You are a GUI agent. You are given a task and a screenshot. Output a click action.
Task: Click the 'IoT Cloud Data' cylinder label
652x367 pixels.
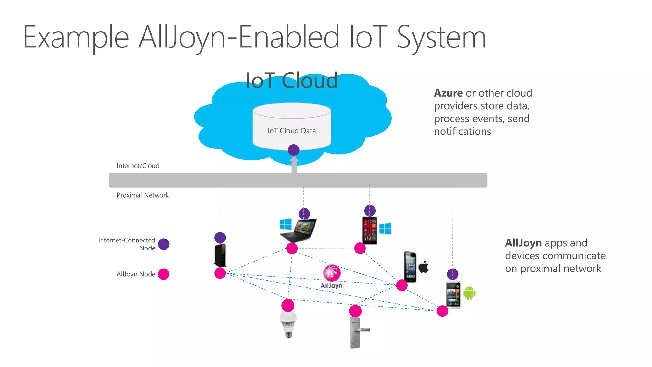292,131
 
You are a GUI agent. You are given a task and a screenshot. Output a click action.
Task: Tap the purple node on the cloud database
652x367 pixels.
294,150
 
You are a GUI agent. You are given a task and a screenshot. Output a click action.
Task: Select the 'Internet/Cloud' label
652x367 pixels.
138,166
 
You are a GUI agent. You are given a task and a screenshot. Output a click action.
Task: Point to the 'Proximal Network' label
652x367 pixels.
143,195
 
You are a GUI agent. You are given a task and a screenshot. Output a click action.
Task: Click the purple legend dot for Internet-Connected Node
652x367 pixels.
164,244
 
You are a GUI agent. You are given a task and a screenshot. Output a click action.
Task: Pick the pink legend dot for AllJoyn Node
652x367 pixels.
164,274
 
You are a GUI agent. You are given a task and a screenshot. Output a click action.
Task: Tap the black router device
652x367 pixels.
220,255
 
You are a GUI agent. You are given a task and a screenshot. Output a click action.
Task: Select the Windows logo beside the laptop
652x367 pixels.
285,224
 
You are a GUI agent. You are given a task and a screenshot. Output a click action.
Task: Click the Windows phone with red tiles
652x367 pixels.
369,231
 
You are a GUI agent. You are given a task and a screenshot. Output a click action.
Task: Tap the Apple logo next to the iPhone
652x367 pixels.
423,267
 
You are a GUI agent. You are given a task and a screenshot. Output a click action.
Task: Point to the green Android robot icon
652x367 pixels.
469,293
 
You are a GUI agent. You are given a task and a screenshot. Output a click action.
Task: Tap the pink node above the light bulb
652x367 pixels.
288,306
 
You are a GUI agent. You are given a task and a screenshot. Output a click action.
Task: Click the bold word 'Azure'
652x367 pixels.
448,93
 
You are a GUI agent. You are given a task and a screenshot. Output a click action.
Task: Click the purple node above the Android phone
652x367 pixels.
453,274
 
